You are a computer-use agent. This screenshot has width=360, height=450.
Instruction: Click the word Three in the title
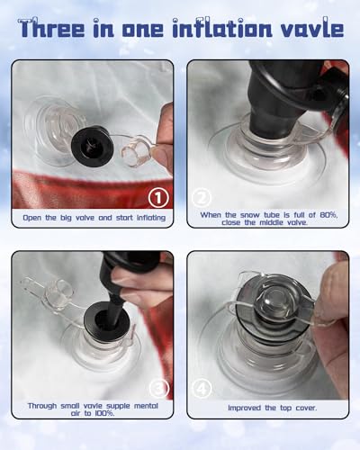pos(51,28)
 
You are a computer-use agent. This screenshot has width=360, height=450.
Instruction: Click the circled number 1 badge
pos(158,198)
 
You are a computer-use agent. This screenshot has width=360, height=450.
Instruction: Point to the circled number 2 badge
pos(202,197)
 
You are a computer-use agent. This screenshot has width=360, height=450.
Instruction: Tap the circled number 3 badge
pos(159,388)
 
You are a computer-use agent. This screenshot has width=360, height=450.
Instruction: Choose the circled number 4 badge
pos(202,389)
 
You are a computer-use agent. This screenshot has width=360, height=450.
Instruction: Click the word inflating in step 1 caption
pos(151,218)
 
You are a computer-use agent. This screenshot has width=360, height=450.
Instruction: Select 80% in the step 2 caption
pos(328,215)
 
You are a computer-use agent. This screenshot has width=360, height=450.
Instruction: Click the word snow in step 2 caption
pos(250,215)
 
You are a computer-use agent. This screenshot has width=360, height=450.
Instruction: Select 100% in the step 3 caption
pos(104,413)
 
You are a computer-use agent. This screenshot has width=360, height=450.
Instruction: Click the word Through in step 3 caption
pos(42,406)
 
